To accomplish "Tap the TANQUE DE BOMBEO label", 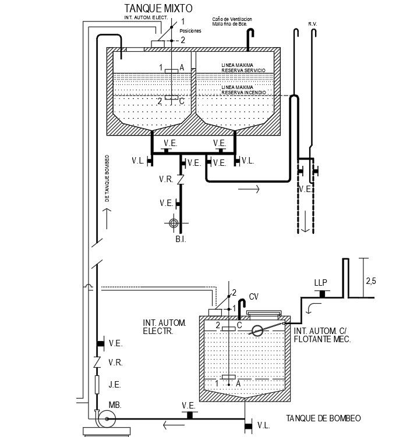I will coord(324,418).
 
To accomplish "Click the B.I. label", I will coord(181,239).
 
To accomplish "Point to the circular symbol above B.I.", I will coord(173,222).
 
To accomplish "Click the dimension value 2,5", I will coord(371,281).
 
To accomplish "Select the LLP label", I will coord(320,283).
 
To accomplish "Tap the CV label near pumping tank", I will coord(253,297).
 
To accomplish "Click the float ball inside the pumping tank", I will coord(256,331).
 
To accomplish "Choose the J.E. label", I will coord(115,383).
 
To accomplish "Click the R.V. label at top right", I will coord(312,24).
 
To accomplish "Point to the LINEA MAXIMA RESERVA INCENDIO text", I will coord(244,90).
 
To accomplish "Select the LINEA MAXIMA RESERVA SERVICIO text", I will coord(243,67).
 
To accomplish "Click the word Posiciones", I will coord(190,31).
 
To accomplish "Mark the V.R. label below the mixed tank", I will coord(165,180).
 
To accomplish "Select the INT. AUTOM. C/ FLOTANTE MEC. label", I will coord(323,335).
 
